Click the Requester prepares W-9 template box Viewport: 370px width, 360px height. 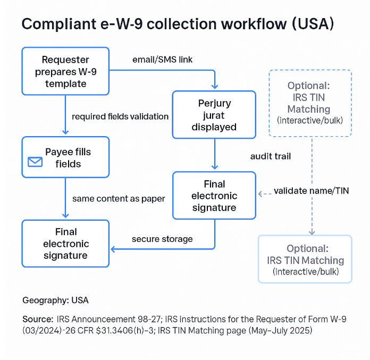pos(65,71)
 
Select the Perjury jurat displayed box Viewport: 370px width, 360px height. pos(214,114)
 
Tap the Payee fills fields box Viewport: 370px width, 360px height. pos(65,157)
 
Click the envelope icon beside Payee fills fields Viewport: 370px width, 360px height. pos(36,162)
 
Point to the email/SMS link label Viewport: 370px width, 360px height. pos(162,60)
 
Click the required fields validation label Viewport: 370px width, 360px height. pos(120,116)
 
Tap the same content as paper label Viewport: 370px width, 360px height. pos(119,198)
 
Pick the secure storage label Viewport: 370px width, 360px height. pos(162,239)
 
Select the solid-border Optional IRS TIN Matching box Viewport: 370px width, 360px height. pos(305,259)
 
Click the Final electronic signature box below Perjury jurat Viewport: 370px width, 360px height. pos(214,195)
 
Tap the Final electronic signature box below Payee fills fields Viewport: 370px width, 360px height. pos(65,244)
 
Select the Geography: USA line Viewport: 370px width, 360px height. pos(55,300)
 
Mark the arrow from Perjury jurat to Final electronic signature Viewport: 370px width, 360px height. pos(214,154)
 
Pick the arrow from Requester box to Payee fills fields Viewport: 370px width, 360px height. pos(65,116)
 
